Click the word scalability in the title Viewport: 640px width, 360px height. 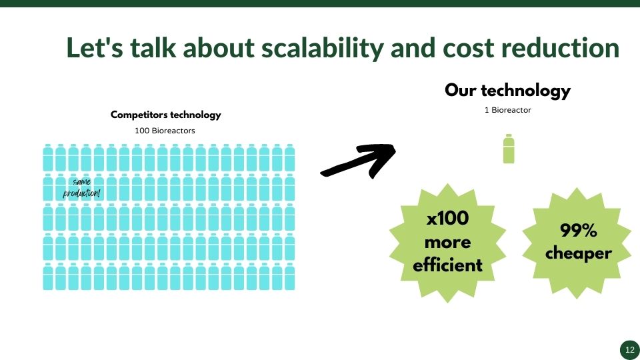(322, 49)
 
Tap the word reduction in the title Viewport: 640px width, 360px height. (560, 47)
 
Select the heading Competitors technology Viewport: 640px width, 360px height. (166, 115)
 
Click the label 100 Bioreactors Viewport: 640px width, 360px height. (165, 131)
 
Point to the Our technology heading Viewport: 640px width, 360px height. (507, 91)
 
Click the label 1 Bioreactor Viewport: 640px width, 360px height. (508, 110)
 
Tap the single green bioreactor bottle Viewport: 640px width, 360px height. (509, 149)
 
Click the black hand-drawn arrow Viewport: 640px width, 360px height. (359, 161)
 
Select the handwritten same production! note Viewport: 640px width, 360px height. (81, 187)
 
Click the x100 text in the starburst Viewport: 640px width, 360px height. (447, 218)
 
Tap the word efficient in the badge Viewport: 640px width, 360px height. (447, 265)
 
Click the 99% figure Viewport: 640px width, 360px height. (579, 230)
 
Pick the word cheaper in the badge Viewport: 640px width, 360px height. (579, 253)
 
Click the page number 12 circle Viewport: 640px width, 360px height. (630, 350)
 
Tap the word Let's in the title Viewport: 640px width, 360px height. (94, 47)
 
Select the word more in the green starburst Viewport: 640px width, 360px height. (447, 242)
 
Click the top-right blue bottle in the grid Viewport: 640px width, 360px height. (290, 157)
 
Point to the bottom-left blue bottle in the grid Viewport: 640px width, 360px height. (48, 276)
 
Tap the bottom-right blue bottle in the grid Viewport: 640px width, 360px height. (290, 276)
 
